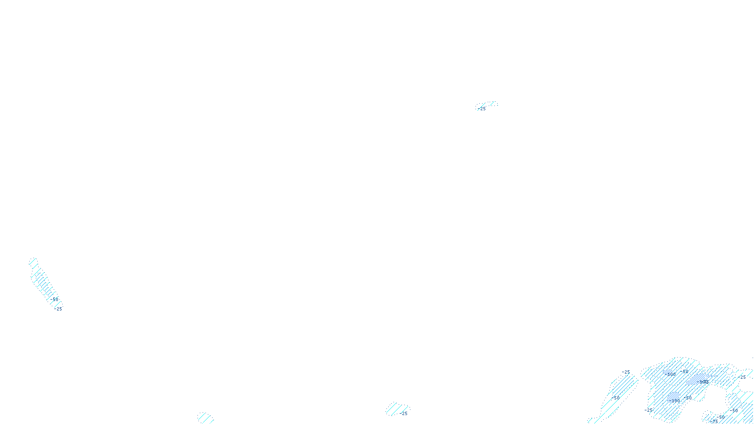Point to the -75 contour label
pos(715,421)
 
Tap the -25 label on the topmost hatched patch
pos(481,109)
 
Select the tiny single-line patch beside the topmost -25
pos(493,103)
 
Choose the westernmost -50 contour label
pos(55,299)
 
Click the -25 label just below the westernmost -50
pos(58,309)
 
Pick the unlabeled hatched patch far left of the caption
pos(205,417)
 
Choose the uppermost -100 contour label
pos(671,374)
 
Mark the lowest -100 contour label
pos(674,400)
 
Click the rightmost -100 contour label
pos(704,382)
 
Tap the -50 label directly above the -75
pos(720,417)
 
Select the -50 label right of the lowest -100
pos(688,398)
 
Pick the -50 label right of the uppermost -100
pos(684,371)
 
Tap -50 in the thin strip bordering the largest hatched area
pos(615,398)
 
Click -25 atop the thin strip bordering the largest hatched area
pos(626,372)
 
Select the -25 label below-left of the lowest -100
pos(648,410)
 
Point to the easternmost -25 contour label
pos(743,377)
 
